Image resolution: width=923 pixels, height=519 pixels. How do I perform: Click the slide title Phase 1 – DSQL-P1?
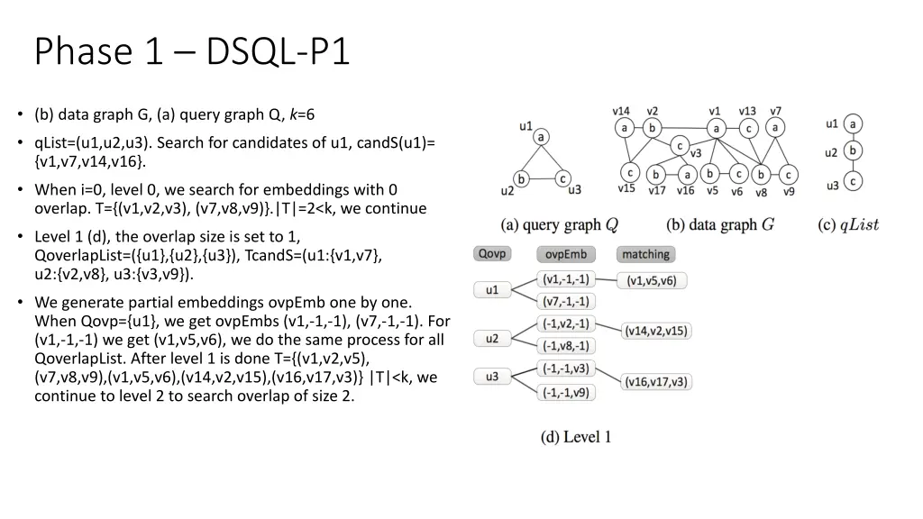(192, 51)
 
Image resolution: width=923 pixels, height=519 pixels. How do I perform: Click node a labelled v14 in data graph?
(624, 128)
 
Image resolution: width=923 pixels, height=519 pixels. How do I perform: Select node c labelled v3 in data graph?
(680, 145)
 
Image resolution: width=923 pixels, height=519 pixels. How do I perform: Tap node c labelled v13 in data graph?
(747, 128)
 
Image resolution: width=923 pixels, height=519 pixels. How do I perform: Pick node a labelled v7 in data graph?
(773, 128)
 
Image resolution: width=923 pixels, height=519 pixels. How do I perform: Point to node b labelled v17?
(657, 174)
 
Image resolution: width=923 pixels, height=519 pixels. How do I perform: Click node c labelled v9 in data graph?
(788, 174)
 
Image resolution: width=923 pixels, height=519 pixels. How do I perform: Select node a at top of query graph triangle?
(541, 137)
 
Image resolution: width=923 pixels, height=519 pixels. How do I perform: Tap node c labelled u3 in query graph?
(562, 178)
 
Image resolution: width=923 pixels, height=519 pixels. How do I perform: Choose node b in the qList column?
(853, 151)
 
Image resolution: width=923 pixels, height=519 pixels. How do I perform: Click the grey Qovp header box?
(492, 254)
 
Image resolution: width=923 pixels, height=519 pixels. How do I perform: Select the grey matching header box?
(645, 254)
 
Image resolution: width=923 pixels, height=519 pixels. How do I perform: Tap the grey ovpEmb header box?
(566, 254)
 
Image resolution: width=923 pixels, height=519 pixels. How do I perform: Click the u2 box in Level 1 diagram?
(492, 339)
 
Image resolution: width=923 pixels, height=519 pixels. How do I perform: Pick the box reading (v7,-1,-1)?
(566, 302)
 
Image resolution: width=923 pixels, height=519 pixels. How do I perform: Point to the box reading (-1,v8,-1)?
(566, 346)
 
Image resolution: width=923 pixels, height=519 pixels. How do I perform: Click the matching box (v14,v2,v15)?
(656, 331)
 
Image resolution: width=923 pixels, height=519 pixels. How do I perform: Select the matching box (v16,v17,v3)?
(656, 381)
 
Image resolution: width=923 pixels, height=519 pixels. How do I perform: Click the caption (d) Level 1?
(576, 437)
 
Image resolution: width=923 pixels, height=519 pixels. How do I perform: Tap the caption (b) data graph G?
(720, 224)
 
